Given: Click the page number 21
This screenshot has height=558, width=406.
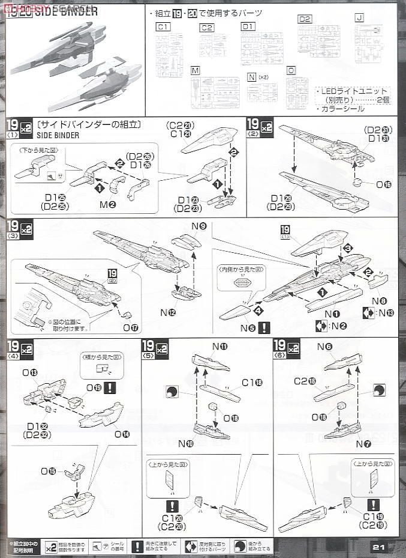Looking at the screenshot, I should point(378,547).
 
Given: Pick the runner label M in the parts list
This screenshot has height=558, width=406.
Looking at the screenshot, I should point(196,71).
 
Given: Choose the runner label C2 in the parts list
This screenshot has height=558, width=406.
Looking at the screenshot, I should point(206,28).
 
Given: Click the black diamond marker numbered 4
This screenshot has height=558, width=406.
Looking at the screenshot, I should point(258,311).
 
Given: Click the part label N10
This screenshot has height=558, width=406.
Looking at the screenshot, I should point(186,443).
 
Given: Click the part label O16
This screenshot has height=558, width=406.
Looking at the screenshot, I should point(383,184).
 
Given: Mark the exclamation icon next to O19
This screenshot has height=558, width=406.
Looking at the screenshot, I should point(109,387).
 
